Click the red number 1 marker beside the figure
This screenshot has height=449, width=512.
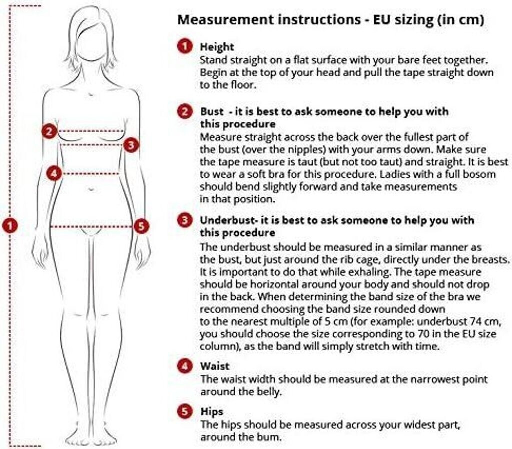(x=10, y=226)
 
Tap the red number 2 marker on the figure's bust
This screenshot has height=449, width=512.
(x=49, y=131)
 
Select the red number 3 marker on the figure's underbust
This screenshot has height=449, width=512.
(x=131, y=145)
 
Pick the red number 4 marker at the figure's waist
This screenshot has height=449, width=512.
(x=54, y=173)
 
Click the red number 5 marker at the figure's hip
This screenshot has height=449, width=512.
(x=141, y=226)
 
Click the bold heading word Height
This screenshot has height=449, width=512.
(x=217, y=47)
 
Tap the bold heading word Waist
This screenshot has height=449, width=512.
(x=215, y=366)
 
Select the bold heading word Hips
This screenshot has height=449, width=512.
(x=212, y=412)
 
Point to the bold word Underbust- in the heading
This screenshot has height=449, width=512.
(x=229, y=220)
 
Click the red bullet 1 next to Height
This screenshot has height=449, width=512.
(x=185, y=46)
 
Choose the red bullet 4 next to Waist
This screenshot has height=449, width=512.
(x=185, y=366)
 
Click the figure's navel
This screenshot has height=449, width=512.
(x=92, y=189)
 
